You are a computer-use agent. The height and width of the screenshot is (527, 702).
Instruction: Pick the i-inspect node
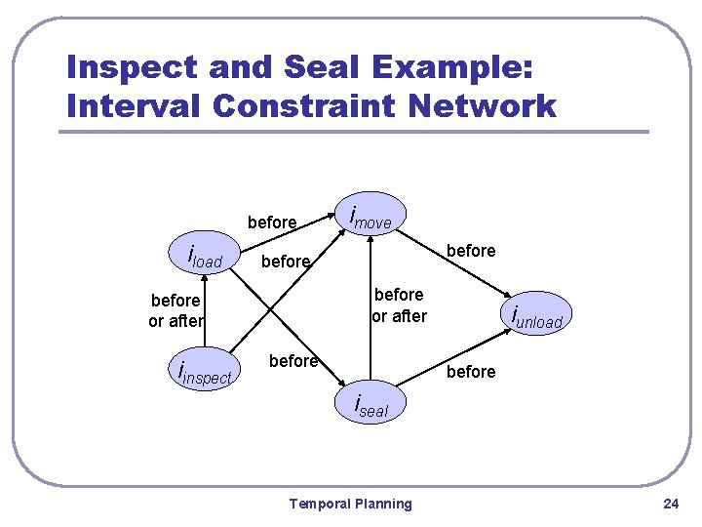(204, 373)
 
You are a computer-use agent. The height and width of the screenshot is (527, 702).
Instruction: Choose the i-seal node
(370, 405)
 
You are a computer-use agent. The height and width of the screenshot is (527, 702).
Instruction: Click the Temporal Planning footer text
(351, 504)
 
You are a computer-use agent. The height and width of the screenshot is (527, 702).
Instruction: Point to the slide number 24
(670, 504)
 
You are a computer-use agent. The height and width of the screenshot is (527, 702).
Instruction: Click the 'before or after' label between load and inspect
(176, 310)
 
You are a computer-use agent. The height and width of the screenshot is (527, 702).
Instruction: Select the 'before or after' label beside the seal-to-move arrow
(399, 304)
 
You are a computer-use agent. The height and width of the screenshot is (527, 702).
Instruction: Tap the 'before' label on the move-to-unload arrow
(471, 251)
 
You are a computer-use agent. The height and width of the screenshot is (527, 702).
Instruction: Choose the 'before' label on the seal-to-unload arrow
(471, 372)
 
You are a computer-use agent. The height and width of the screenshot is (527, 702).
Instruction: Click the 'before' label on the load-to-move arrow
(272, 223)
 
